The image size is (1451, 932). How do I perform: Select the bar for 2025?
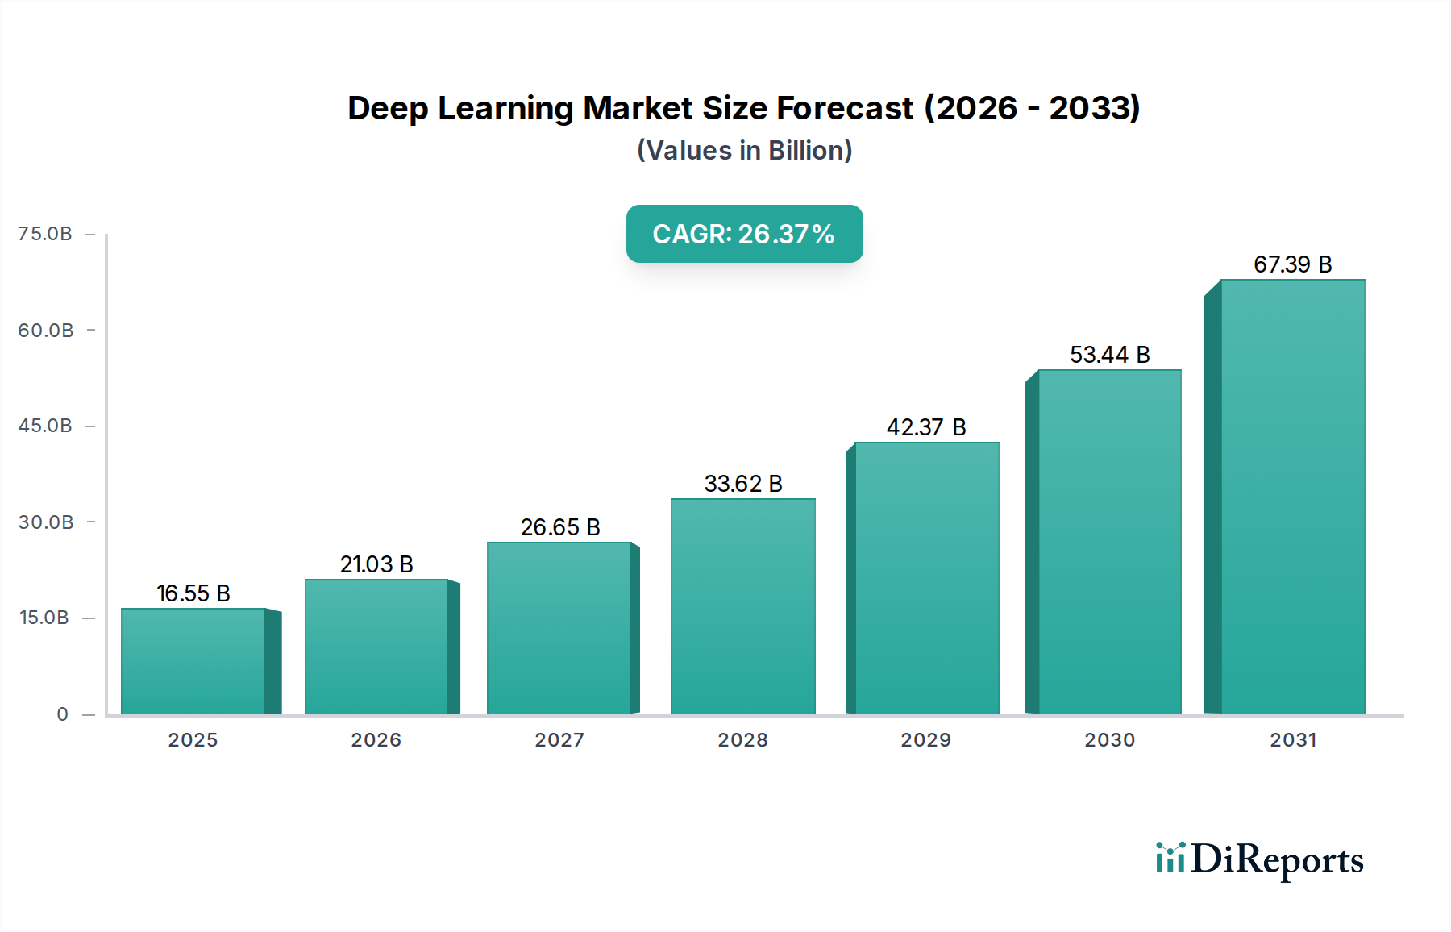(x=193, y=661)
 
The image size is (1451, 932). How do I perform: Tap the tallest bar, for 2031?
(x=1292, y=497)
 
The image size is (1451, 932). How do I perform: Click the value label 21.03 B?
(x=376, y=564)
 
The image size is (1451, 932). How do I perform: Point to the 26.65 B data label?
(x=560, y=527)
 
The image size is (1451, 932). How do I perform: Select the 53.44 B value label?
(x=1109, y=355)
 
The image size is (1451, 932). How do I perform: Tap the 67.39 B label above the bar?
(x=1292, y=264)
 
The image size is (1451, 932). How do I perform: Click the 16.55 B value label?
(x=193, y=593)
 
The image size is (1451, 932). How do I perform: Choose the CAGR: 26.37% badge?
(x=744, y=234)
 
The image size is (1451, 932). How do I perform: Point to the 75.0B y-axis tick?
(x=45, y=234)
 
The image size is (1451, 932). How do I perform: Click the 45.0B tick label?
(x=45, y=426)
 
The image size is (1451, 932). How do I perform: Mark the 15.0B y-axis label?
(x=44, y=618)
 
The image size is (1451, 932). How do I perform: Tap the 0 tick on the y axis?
(x=62, y=714)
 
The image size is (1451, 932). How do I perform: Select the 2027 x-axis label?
(x=559, y=740)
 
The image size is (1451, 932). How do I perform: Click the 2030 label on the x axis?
(x=1109, y=740)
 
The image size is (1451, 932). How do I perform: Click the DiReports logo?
(x=1259, y=859)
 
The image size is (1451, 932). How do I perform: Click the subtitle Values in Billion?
(x=744, y=151)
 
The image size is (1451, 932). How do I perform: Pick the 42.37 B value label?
(x=926, y=427)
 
